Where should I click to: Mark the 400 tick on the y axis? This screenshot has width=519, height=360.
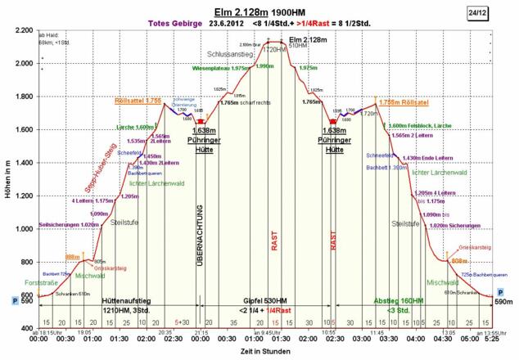25,329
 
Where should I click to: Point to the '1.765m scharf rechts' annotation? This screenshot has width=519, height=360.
245,103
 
